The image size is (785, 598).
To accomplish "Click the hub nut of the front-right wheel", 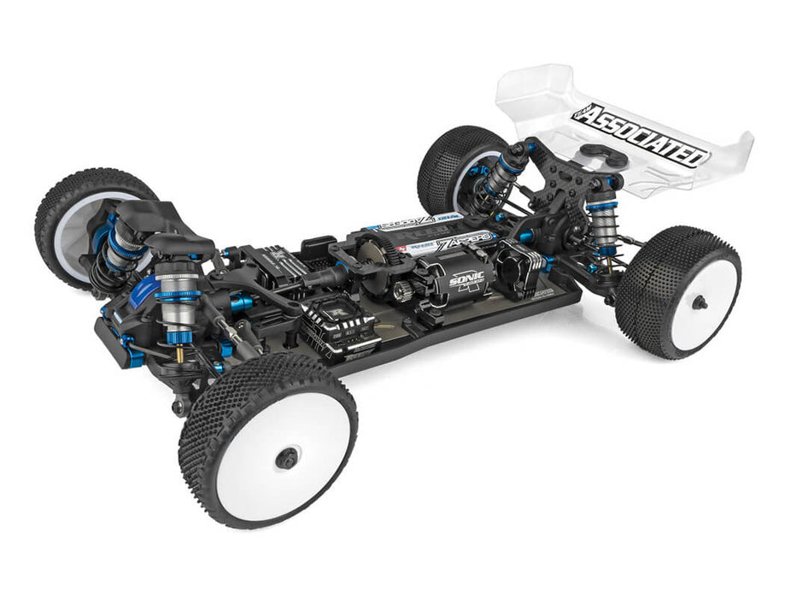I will point(288,458).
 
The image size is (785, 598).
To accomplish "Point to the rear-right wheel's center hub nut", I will point(700,302).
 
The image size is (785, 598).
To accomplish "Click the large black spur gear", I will point(380,254).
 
